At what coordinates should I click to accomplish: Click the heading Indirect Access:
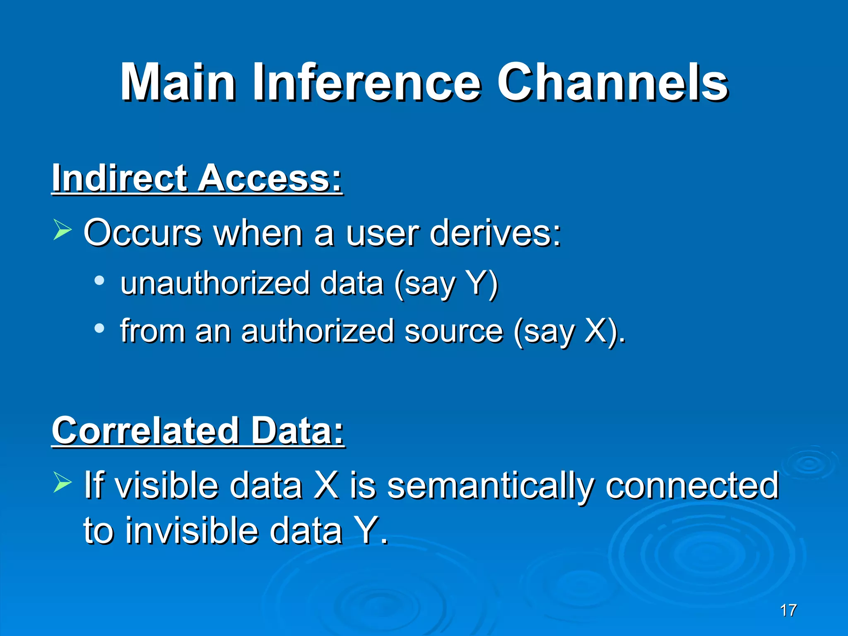(x=197, y=178)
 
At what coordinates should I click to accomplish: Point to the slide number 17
(x=788, y=610)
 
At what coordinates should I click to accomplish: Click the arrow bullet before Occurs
(x=63, y=230)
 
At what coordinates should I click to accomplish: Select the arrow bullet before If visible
(x=63, y=483)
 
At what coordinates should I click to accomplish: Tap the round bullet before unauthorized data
(x=99, y=281)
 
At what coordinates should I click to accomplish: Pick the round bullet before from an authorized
(x=99, y=328)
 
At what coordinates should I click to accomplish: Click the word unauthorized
(x=215, y=283)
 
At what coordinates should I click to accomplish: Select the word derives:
(x=495, y=233)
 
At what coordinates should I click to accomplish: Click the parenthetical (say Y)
(x=446, y=284)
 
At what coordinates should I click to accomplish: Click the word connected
(x=692, y=485)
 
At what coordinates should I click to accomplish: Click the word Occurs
(x=142, y=233)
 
